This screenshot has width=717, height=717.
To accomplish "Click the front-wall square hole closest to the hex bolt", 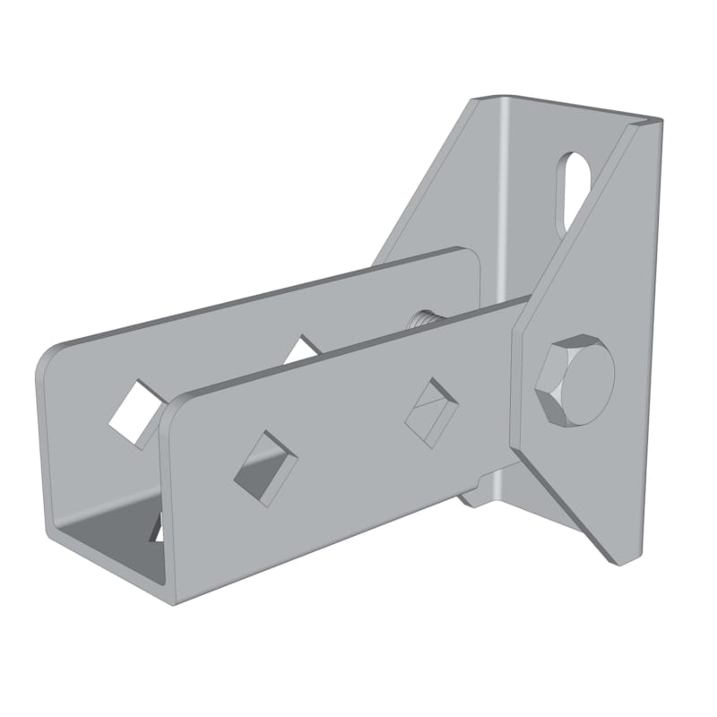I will (428, 408).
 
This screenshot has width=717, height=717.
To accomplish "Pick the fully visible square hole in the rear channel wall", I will (136, 410).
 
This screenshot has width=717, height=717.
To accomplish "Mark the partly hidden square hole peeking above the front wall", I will (305, 350).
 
